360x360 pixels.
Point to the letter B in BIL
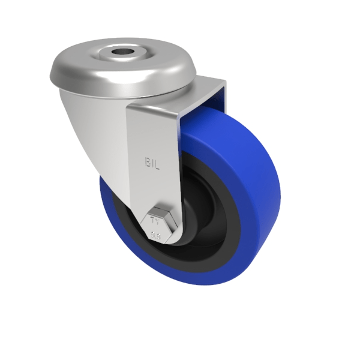tap(147, 162)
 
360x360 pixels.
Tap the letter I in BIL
tap(153, 162)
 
